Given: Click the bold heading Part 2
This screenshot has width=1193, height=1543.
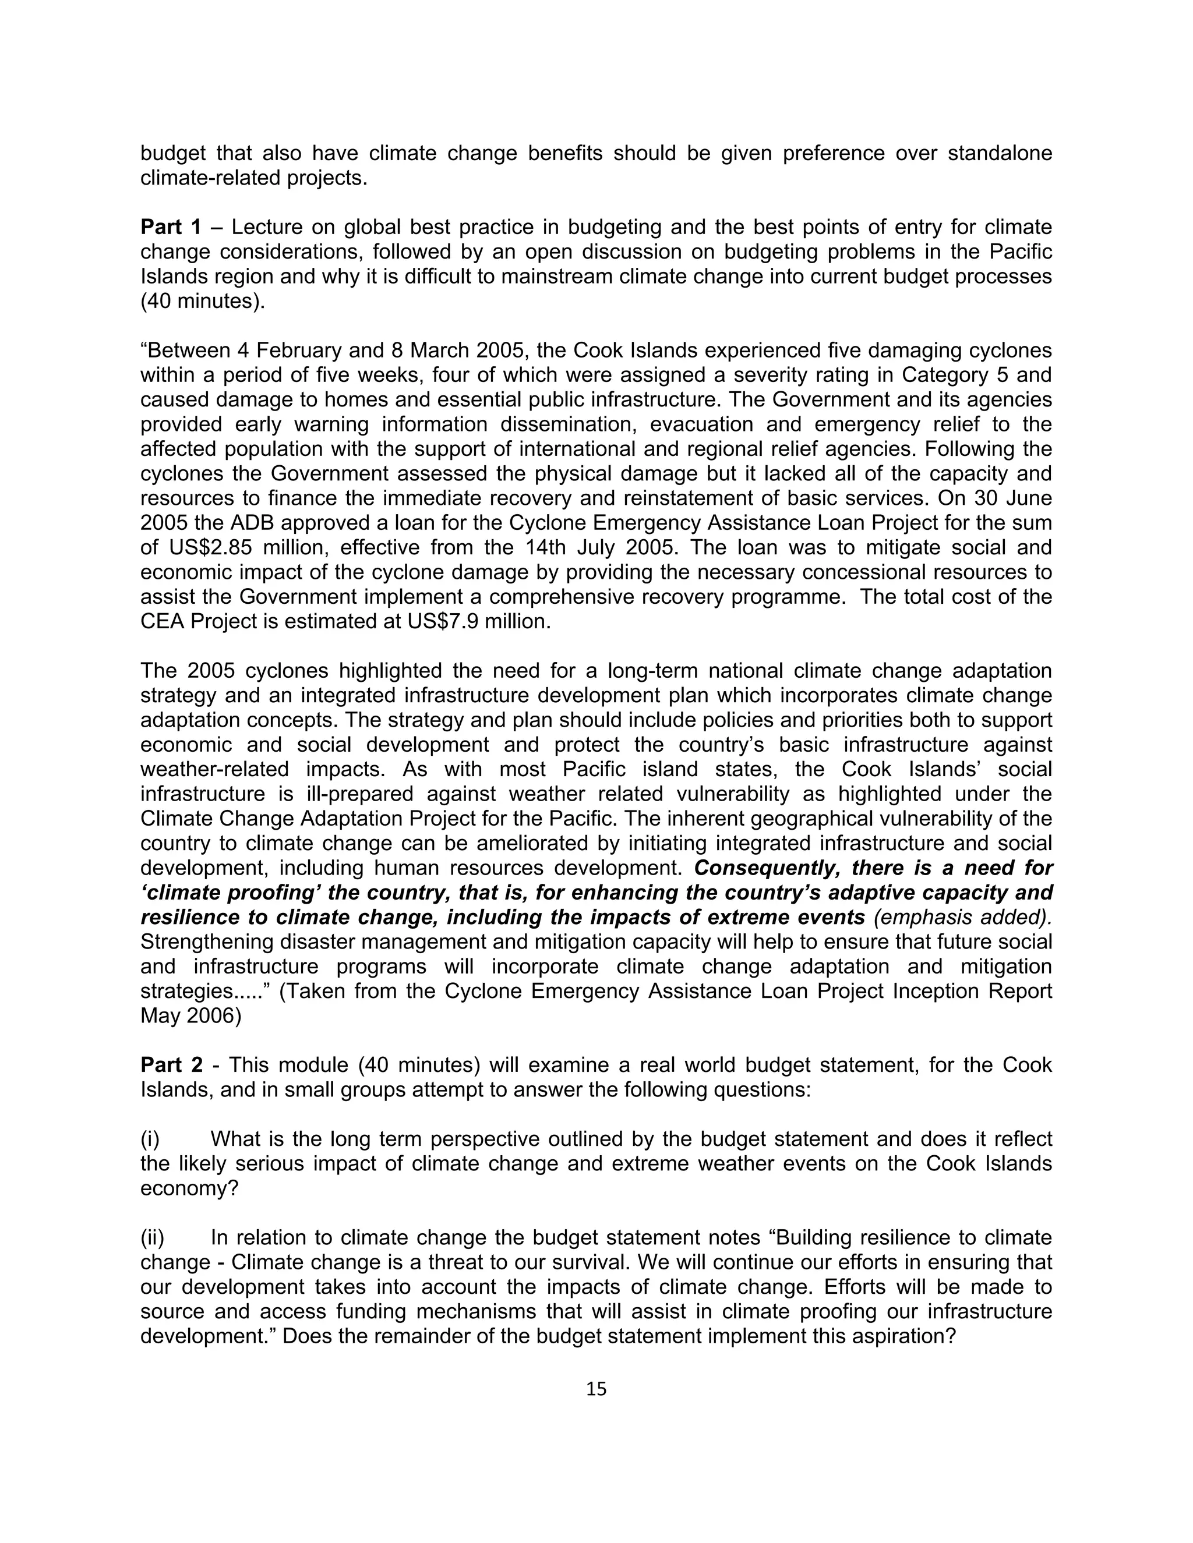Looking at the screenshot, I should click(x=171, y=1065).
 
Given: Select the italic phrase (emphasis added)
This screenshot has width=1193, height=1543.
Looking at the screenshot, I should click(x=962, y=917).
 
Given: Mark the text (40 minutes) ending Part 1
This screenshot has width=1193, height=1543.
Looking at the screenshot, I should click(x=203, y=302).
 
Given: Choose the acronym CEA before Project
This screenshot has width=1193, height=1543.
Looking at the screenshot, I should click(x=163, y=622).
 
